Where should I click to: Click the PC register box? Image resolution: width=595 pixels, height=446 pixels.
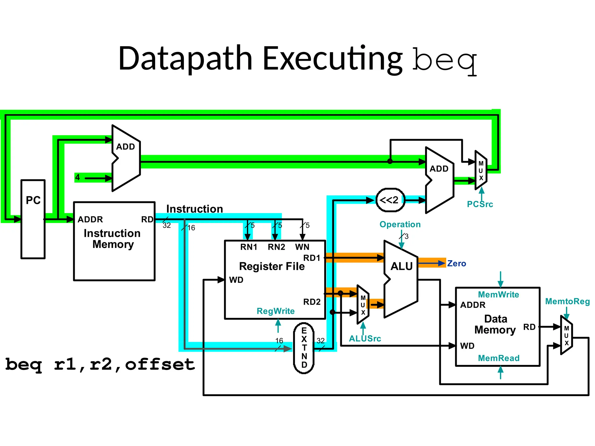coord(33,219)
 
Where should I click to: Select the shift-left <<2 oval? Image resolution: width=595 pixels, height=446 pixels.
coord(390,200)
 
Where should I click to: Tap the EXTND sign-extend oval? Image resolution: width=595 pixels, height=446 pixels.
coord(304,348)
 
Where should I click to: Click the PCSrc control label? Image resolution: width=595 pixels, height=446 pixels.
coord(480,204)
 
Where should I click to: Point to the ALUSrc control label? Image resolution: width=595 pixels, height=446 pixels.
coord(365,339)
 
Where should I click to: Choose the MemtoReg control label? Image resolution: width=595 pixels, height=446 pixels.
coord(567,301)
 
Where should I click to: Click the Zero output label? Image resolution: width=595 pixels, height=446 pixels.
coord(456,264)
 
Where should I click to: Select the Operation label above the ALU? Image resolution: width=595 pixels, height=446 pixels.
coord(400,224)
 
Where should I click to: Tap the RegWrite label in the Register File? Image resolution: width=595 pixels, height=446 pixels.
coord(275,311)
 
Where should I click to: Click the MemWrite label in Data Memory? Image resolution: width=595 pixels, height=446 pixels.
coord(498,295)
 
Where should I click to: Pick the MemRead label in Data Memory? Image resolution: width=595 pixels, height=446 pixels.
coord(499,358)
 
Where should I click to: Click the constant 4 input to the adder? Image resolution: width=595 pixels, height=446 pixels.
coord(78,177)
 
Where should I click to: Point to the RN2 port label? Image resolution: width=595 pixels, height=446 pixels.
coord(276,247)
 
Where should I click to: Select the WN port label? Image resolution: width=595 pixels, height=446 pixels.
coord(302,247)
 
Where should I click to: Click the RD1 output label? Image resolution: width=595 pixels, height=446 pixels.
coord(311,258)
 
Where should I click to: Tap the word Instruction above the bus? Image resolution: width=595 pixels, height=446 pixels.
coord(194,209)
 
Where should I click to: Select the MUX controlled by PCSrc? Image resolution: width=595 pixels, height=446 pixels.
coord(481,170)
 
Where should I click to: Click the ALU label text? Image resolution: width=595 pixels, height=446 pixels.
coord(401,266)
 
